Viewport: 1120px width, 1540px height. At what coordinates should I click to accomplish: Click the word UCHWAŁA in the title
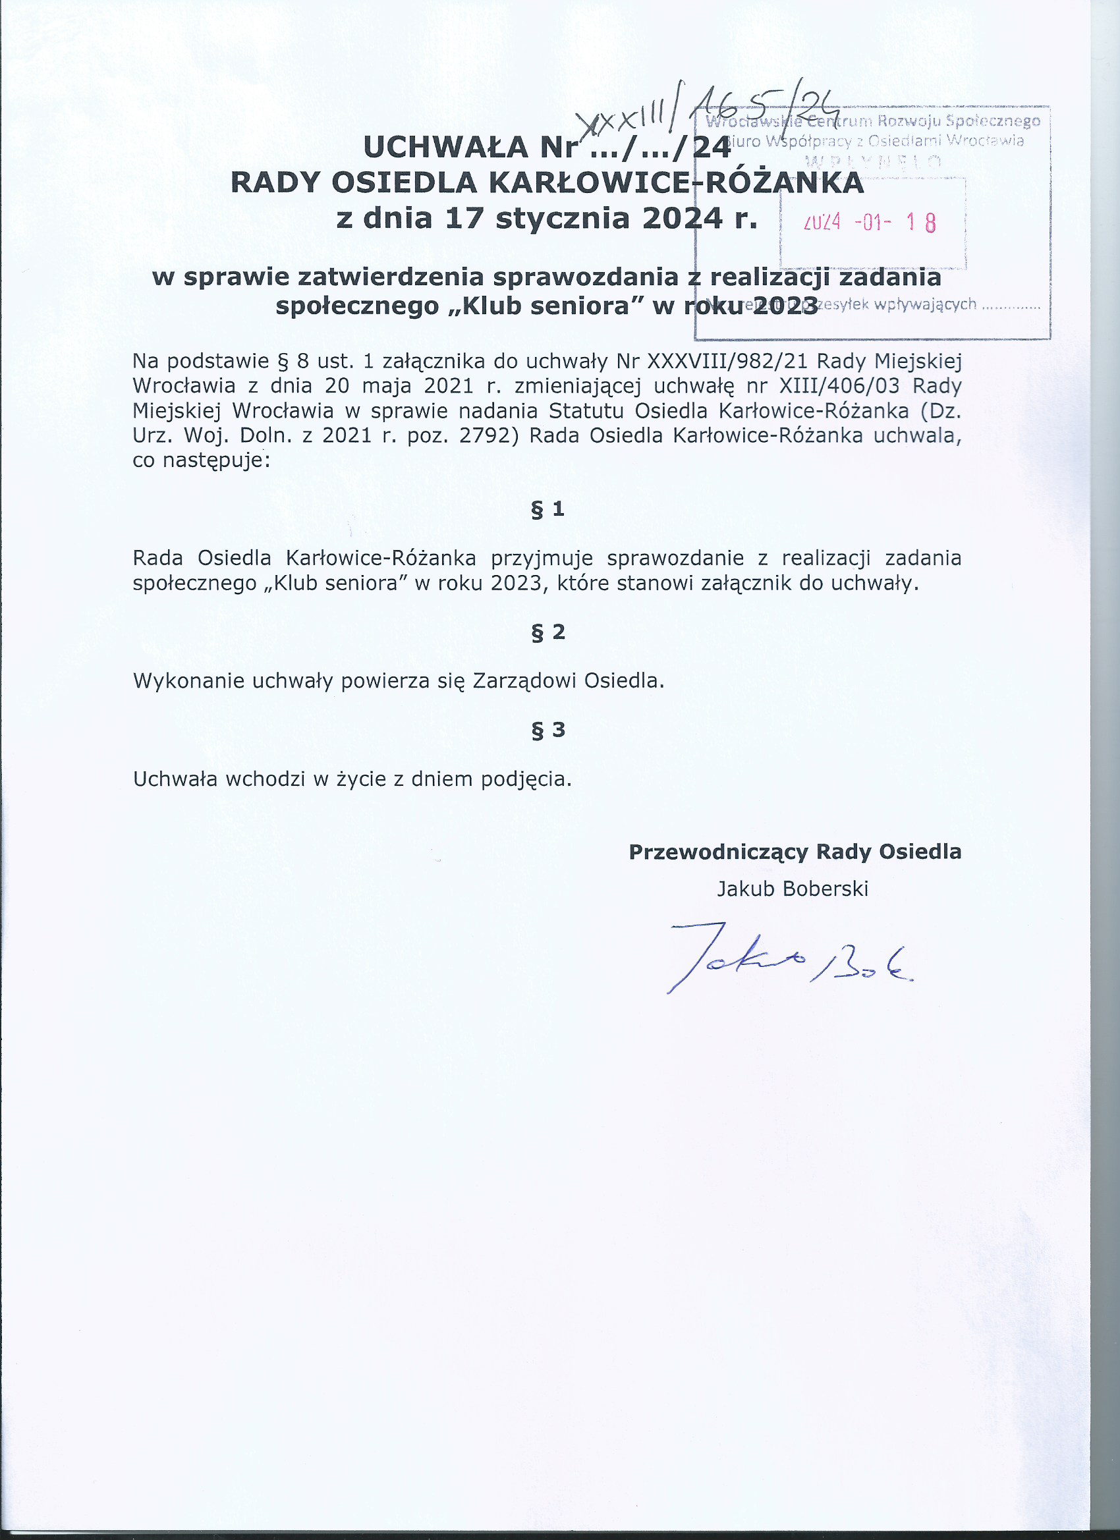445,148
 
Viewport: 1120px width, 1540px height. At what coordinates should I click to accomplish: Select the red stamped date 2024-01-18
870,222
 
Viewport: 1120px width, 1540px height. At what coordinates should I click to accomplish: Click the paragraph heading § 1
547,509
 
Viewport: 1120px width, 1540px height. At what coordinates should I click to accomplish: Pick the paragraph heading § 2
547,632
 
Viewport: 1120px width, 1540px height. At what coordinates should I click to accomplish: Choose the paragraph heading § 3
547,730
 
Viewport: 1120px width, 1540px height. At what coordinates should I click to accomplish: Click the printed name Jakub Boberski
793,889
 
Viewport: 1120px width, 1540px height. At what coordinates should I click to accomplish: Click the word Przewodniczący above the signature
718,852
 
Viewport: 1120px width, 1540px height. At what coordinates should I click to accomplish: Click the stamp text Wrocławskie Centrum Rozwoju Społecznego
873,123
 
